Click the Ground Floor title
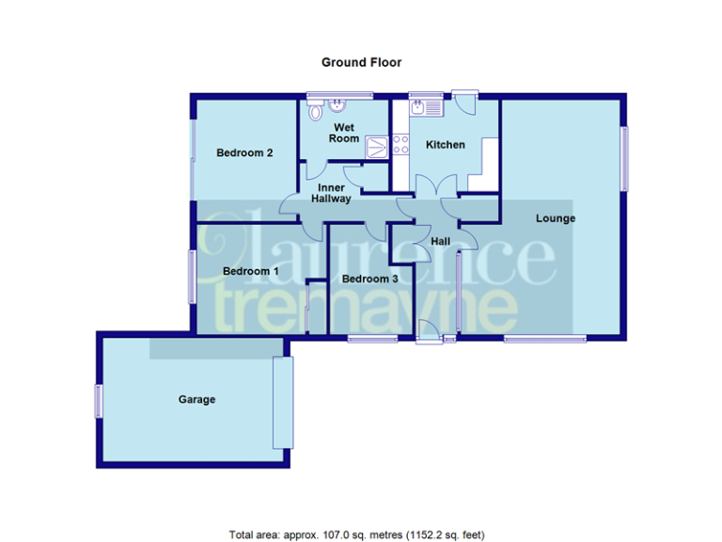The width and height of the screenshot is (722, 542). [361, 63]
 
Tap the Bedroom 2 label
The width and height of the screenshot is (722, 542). [244, 152]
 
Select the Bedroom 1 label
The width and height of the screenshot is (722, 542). [250, 271]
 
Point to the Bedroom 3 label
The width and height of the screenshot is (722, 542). [369, 279]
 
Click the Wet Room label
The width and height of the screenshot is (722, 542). [343, 133]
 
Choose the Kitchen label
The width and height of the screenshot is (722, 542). [445, 145]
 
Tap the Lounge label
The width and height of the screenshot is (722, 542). [556, 218]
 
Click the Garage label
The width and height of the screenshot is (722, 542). [197, 399]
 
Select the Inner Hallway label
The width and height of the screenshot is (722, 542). [333, 194]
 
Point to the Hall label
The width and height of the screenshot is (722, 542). [440, 242]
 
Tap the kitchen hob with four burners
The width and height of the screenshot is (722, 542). [400, 145]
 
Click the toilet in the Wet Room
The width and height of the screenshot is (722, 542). [336, 105]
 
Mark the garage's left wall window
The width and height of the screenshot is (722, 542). [98, 401]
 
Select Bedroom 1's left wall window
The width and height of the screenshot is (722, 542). [193, 276]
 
